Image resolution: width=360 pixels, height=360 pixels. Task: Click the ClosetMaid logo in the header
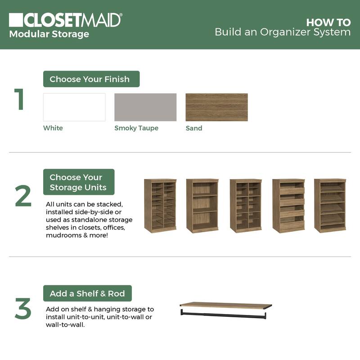tap(65, 20)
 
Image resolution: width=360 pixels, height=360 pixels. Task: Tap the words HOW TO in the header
tap(328, 22)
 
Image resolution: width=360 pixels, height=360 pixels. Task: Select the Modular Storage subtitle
tap(49, 34)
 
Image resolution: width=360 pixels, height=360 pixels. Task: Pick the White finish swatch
tap(74, 107)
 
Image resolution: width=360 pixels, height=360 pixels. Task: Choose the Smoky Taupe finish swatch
tap(145, 107)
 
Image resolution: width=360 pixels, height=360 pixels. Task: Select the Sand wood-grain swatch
tap(216, 107)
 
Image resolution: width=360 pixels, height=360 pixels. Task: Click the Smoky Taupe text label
tap(136, 128)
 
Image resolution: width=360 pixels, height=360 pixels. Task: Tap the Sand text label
tap(194, 128)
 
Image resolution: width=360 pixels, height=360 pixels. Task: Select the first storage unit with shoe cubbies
tap(160, 206)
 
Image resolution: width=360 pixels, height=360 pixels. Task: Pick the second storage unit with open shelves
tap(202, 206)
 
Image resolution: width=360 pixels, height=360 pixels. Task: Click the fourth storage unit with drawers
tap(288, 206)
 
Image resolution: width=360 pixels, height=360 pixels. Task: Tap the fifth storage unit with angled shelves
tap(330, 206)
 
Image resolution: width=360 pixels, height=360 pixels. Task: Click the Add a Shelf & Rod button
tap(87, 293)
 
